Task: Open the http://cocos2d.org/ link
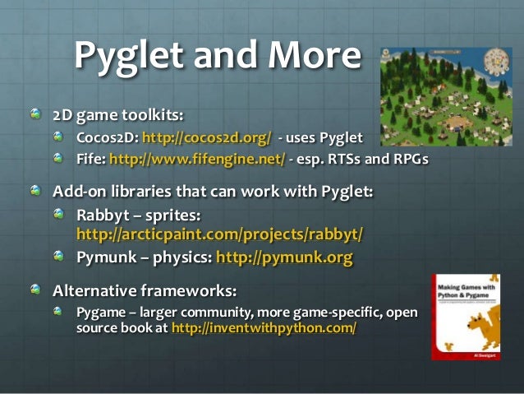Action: coord(206,136)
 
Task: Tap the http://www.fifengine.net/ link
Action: coord(197,159)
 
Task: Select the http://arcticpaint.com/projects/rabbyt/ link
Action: coord(219,234)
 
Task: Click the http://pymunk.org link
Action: coord(284,258)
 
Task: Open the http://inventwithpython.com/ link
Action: coord(264,328)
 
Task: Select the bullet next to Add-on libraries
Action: coord(34,192)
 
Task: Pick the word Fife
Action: coord(90,159)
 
